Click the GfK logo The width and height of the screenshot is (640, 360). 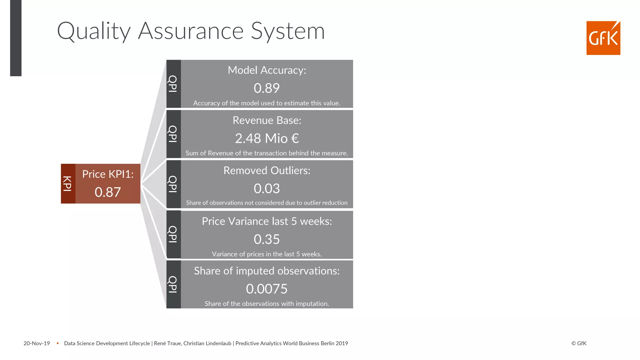pyautogui.click(x=603, y=38)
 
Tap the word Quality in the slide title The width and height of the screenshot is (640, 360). pyautogui.click(x=94, y=31)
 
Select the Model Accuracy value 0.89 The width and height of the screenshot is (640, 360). pyautogui.click(x=267, y=88)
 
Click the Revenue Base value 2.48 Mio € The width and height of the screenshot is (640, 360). pyautogui.click(x=267, y=138)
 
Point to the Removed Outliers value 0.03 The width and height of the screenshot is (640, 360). pyautogui.click(x=267, y=188)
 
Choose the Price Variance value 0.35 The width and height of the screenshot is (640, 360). pyautogui.click(x=267, y=239)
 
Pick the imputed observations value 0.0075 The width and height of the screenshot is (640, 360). pyautogui.click(x=267, y=289)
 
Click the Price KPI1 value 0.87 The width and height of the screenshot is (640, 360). pyautogui.click(x=108, y=192)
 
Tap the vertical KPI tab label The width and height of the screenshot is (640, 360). pyautogui.click(x=68, y=184)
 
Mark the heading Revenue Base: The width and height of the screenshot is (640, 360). pyautogui.click(x=267, y=120)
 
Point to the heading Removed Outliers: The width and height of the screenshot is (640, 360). pyautogui.click(x=267, y=171)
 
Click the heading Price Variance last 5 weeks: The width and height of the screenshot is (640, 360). pyautogui.click(x=267, y=221)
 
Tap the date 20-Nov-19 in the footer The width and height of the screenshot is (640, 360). pyautogui.click(x=37, y=343)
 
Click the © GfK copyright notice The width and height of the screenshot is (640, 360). pyautogui.click(x=579, y=343)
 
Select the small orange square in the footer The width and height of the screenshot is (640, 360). pyautogui.click(x=58, y=343)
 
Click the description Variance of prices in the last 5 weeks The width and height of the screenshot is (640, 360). pyautogui.click(x=267, y=254)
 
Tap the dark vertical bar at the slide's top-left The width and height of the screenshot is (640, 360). pyautogui.click(x=16, y=37)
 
